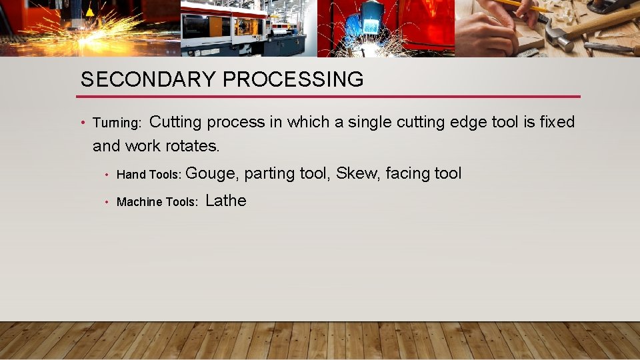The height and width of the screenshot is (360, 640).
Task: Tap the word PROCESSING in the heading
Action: (293, 79)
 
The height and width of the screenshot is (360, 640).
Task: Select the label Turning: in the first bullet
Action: (117, 123)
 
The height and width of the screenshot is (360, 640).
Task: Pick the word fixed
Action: (557, 122)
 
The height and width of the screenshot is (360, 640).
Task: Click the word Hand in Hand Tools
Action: (131, 175)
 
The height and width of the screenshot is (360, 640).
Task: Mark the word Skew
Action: (355, 173)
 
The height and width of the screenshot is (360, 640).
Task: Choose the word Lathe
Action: (226, 201)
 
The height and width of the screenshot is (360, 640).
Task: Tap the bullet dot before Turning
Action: (81, 123)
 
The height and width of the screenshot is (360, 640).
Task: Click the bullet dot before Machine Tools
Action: (106, 202)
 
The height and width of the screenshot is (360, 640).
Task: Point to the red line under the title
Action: (330, 97)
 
